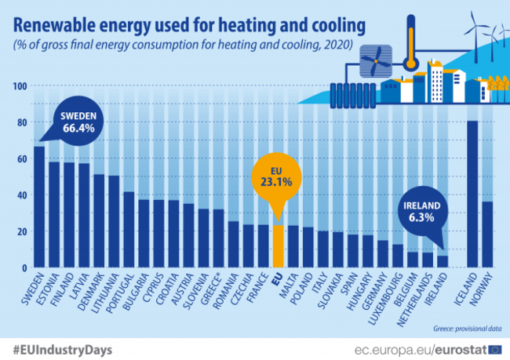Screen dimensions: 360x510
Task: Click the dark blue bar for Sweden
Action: tap(39, 208)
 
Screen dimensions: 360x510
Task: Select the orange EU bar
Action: tap(276, 247)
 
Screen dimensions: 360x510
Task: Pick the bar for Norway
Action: tap(486, 235)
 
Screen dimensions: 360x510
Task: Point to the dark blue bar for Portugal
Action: tap(128, 230)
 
